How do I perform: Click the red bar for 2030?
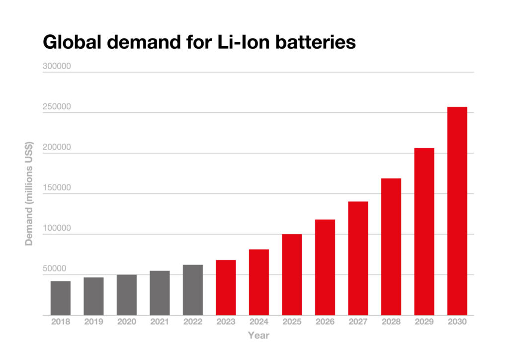(x=457, y=211)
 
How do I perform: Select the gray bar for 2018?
(x=60, y=298)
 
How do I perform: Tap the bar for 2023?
(x=226, y=287)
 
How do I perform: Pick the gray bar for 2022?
(x=192, y=290)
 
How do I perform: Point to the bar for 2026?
(x=325, y=267)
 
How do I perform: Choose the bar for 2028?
(x=391, y=247)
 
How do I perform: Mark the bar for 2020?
(x=126, y=294)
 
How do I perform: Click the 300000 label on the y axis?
(x=57, y=66)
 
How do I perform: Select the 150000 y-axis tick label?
(x=57, y=188)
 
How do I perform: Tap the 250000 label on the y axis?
(x=57, y=107)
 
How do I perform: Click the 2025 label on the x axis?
(x=292, y=322)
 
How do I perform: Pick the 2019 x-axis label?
(x=93, y=322)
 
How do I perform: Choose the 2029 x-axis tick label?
(x=424, y=322)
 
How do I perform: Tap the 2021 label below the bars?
(x=160, y=322)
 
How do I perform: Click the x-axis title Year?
(x=258, y=336)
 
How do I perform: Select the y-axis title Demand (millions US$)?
(x=29, y=193)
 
